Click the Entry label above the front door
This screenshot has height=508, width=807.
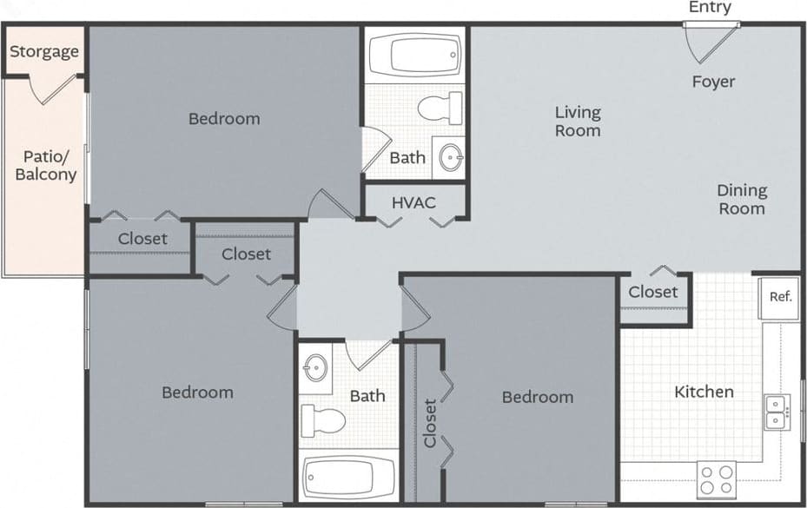pyautogui.click(x=710, y=8)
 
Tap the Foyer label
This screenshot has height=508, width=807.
pyautogui.click(x=713, y=82)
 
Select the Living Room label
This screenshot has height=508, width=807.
pyautogui.click(x=578, y=121)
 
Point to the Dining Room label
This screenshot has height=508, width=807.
pyautogui.click(x=741, y=199)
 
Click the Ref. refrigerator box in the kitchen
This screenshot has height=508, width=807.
pyautogui.click(x=780, y=297)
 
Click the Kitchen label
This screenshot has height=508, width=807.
pyautogui.click(x=704, y=393)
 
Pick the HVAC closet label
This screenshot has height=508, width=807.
pyautogui.click(x=413, y=202)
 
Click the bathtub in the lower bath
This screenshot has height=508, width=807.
pyautogui.click(x=348, y=478)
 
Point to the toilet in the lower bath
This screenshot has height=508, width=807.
pyautogui.click(x=322, y=420)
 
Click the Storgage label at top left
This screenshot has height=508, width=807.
pyautogui.click(x=44, y=51)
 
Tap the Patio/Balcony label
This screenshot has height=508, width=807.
pyautogui.click(x=46, y=165)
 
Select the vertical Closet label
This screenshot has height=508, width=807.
pyautogui.click(x=430, y=423)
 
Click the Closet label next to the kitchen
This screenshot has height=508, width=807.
pyautogui.click(x=653, y=292)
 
